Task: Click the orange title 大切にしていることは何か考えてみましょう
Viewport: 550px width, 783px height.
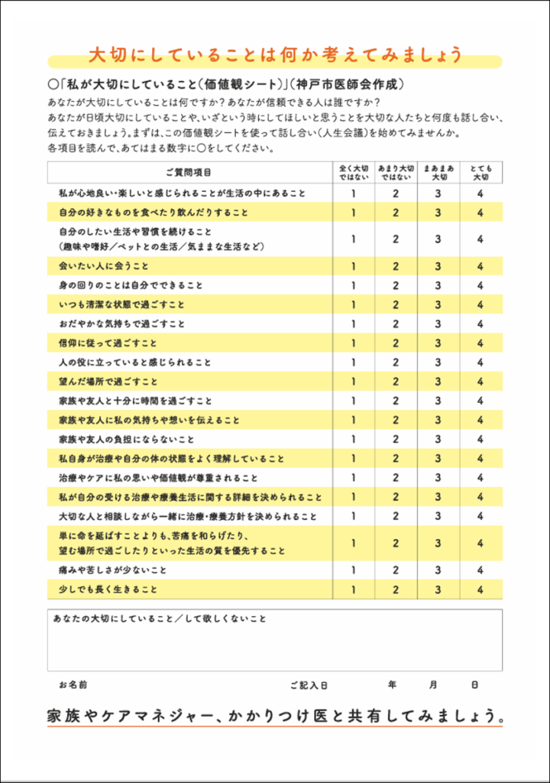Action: pos(275,55)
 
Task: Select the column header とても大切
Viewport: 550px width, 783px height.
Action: pos(480,172)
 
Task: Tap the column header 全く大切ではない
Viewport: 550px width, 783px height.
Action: pos(354,172)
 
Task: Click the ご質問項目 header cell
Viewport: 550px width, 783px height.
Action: pos(189,172)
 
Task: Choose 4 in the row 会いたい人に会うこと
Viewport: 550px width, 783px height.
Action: pos(480,266)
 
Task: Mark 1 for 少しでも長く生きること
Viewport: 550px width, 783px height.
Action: pos(354,590)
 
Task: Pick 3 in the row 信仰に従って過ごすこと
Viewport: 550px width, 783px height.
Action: pos(438,343)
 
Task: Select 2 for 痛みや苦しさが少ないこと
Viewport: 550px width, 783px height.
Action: pos(396,570)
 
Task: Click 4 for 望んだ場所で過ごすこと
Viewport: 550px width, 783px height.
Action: pos(480,382)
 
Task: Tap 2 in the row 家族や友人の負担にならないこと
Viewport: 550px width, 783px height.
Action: pos(396,440)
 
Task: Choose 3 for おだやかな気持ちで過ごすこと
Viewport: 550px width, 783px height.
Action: pos(438,323)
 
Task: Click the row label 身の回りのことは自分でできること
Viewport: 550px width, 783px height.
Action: pos(131,285)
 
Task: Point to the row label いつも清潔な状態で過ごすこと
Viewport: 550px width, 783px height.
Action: pos(121,304)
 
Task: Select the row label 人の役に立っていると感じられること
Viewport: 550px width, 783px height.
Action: pos(135,362)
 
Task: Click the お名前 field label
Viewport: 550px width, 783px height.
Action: pos(73,684)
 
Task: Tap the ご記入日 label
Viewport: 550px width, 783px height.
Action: pos(309,684)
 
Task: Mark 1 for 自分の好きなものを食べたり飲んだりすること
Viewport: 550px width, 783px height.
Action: pos(354,213)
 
